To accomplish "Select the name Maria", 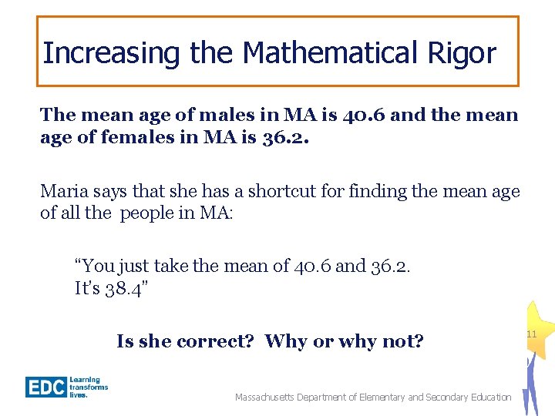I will (x=61, y=191).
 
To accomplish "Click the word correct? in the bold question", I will (x=216, y=341).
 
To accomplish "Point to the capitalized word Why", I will (x=285, y=341).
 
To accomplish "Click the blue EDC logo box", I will (x=45, y=387).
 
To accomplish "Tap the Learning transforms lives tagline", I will (x=89, y=387).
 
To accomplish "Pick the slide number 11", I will (x=531, y=334).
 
